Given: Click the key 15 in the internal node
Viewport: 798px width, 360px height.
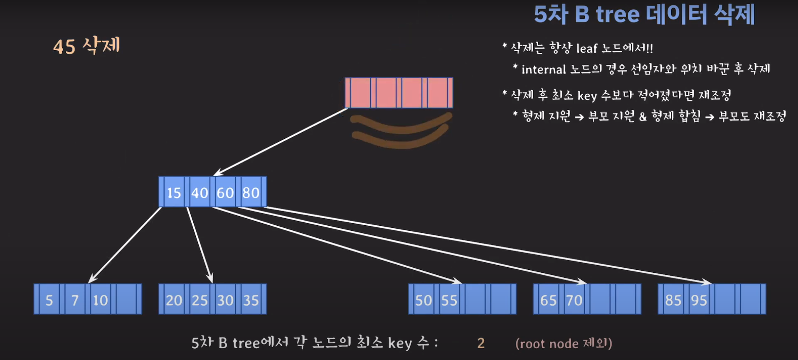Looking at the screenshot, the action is (174, 192).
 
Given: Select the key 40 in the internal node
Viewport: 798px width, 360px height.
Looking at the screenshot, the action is (199, 192).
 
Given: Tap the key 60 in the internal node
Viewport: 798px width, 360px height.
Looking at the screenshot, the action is (225, 192).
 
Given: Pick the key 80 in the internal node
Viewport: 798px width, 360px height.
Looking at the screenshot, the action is (251, 192).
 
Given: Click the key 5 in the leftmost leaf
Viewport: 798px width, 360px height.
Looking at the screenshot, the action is (49, 300).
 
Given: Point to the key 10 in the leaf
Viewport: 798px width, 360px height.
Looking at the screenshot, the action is (100, 300).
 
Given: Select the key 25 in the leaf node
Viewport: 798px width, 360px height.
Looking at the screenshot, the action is (199, 300).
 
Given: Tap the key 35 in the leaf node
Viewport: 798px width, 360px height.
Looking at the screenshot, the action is (251, 300).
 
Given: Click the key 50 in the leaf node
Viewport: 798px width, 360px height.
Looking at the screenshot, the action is (424, 300).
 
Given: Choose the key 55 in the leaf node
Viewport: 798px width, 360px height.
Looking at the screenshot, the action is (449, 300).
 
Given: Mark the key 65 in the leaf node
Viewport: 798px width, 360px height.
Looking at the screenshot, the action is (548, 300).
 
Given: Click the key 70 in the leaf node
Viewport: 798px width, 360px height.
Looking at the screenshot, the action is (574, 300).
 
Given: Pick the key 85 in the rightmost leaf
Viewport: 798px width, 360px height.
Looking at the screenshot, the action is (673, 300).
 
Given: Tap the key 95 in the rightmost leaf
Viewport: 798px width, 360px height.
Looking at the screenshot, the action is (699, 300).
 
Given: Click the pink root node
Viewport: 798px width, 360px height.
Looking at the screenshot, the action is (399, 92).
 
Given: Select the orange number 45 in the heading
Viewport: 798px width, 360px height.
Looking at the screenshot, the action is (64, 47).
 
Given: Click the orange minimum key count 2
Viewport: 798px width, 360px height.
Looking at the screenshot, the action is (481, 343).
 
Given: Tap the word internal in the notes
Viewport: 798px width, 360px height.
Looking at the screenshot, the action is (544, 69).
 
